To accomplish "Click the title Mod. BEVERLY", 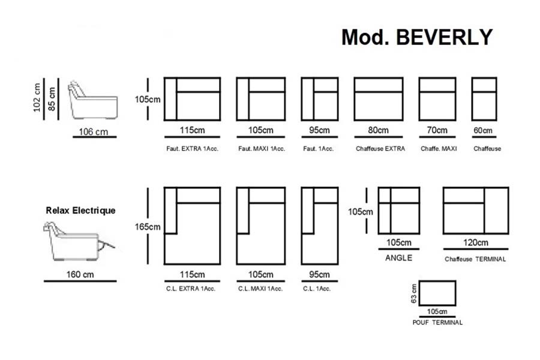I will tap(416, 37).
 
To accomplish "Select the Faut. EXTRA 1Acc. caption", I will tap(192, 149).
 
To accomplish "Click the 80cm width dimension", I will tap(378, 130).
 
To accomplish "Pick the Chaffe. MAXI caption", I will tap(438, 149).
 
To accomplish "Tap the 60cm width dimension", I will tap(483, 130).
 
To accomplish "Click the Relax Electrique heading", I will tap(80, 211).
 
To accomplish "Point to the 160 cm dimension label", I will tap(80, 275).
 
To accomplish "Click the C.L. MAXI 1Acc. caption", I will tap(260, 289).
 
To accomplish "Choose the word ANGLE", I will tap(398, 258).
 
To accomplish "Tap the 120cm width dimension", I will tap(475, 243).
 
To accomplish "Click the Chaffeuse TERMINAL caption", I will tap(475, 259).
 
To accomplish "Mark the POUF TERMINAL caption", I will tap(437, 322).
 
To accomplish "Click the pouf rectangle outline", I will tap(437, 293).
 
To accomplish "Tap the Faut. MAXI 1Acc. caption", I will tap(260, 149).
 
